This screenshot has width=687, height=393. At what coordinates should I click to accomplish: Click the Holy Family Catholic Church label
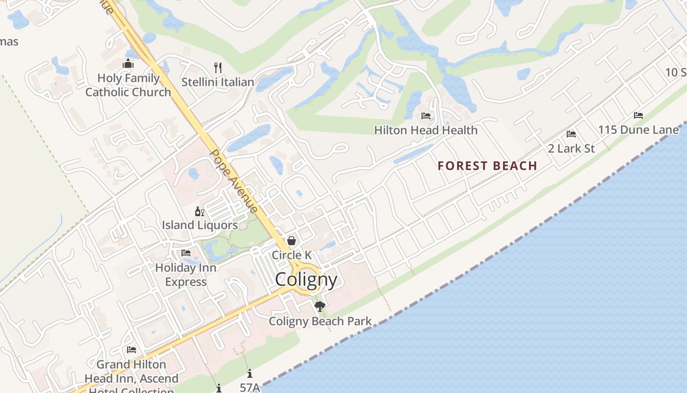coord(128,85)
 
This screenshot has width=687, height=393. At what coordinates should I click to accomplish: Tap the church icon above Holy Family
coord(128,64)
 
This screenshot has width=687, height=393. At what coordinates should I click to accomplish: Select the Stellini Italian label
coord(218,82)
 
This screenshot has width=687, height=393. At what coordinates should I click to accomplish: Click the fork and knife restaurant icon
coord(218,67)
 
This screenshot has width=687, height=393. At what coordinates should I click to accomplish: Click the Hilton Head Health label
coord(425,130)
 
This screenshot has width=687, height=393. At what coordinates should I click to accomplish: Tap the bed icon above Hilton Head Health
coord(426,116)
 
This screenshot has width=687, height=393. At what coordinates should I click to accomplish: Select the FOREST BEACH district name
coord(487,166)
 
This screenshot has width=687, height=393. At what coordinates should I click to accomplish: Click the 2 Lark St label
coord(571,148)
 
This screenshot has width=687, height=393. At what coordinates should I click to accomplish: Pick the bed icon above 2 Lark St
coord(571,134)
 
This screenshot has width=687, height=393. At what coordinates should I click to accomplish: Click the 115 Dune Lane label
coord(638,130)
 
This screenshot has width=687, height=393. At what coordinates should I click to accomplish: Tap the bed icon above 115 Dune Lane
coord(638,115)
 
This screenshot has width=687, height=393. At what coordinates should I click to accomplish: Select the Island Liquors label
coord(200,225)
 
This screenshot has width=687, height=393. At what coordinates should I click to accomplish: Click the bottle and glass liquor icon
coord(199,212)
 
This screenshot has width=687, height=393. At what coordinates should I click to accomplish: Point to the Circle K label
coord(291,255)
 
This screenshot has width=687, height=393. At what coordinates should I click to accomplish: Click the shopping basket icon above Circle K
coord(291,241)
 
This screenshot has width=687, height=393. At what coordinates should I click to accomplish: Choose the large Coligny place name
coord(306,280)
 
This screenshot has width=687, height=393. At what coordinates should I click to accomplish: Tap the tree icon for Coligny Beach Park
coord(320,307)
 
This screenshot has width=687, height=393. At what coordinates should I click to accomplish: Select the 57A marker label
coord(250,387)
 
